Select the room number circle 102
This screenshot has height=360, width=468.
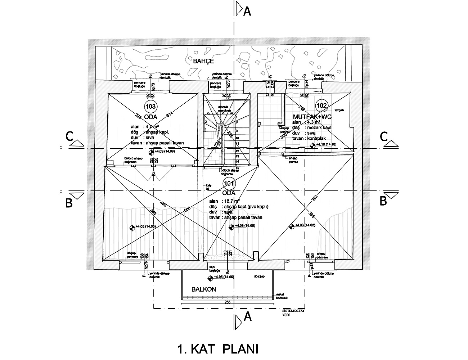coord(321,105)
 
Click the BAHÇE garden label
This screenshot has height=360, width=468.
coord(203,61)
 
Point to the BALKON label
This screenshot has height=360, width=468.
coord(204,289)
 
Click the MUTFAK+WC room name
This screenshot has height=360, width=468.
coord(312,117)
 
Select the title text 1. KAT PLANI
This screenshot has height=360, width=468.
coord(218,349)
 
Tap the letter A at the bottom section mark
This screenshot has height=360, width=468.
coord(247,316)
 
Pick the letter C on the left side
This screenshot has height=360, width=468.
coord(70,137)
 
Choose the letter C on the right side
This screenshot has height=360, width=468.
coord(384,137)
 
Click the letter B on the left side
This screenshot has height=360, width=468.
coord(69,203)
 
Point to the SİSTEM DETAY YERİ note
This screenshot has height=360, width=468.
coord(292,312)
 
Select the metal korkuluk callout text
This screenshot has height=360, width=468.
coord(283,296)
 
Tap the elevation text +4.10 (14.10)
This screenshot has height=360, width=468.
coord(326,144)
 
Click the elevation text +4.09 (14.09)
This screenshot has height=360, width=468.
coord(165,152)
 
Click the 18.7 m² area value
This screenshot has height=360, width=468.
coord(232,201)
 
